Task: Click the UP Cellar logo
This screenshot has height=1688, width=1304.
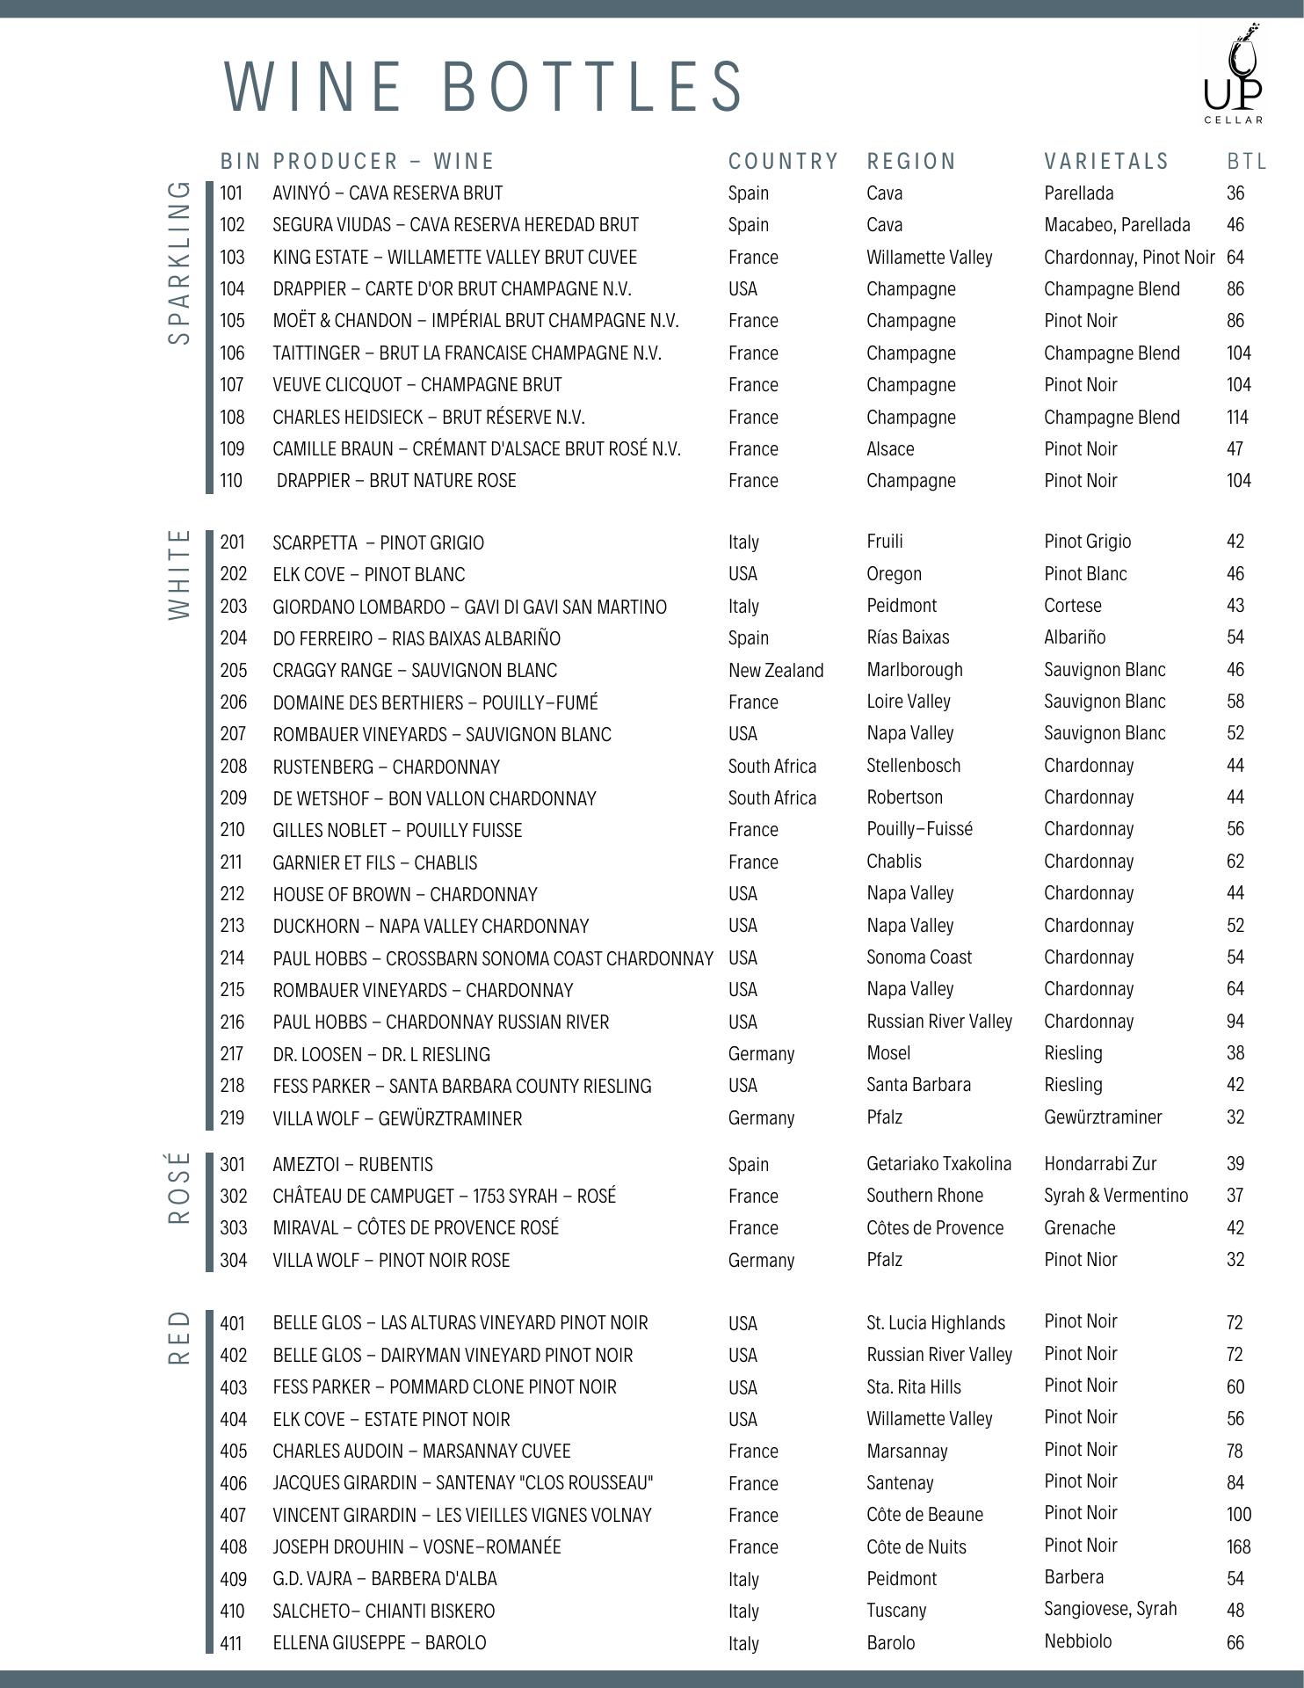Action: click(1233, 76)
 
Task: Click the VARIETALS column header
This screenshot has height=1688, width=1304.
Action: click(1106, 162)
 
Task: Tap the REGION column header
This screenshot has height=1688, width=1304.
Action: click(911, 162)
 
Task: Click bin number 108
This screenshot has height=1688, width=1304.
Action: click(232, 417)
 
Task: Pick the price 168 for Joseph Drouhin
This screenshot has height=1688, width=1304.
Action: click(1238, 1546)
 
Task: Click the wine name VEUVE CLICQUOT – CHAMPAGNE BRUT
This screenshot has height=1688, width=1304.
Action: click(417, 385)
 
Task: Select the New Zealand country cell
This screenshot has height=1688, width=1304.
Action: click(776, 671)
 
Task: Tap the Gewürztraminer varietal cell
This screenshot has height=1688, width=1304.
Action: click(1103, 1117)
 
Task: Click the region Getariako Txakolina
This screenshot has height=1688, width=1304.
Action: click(938, 1164)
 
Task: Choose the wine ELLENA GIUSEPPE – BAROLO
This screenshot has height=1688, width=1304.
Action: click(379, 1642)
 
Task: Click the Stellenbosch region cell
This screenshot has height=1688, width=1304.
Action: click(913, 766)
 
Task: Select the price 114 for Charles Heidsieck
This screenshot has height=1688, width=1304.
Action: click(1237, 417)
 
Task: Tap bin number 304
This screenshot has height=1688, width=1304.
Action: click(233, 1260)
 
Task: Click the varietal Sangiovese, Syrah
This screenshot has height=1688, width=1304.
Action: click(1110, 1609)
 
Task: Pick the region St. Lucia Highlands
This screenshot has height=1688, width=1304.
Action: click(935, 1323)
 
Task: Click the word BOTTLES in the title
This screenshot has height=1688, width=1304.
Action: click(590, 86)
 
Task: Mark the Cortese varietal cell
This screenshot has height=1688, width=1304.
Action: click(1072, 606)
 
